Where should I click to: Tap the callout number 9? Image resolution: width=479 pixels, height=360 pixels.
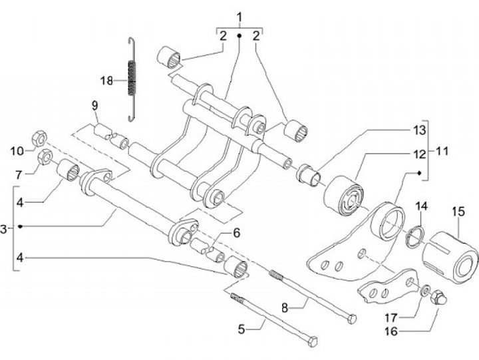94,106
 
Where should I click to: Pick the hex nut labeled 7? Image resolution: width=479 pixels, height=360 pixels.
45,157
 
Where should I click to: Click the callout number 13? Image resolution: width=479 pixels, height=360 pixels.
420,130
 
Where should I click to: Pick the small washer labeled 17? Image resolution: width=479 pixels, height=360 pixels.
425,290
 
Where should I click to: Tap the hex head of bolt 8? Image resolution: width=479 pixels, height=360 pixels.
352,319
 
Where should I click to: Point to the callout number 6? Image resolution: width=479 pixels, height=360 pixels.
236,233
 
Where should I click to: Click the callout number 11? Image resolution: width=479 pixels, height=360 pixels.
441,150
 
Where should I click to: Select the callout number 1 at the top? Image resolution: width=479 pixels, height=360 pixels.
239,17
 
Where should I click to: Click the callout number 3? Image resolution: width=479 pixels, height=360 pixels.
4,229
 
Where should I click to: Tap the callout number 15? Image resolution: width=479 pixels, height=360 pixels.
458,212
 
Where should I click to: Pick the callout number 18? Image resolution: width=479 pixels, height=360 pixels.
107,81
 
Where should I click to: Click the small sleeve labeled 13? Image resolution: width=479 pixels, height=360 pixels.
309,175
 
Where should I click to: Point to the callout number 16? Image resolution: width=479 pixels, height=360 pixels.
391,331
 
